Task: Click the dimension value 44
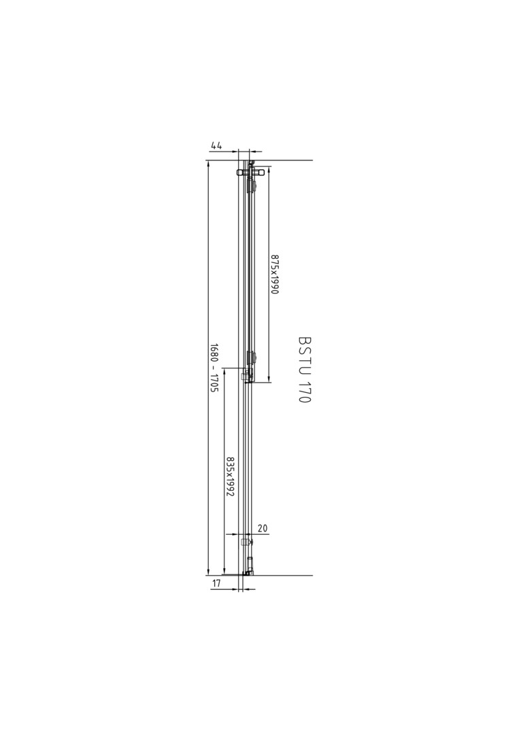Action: [x=216, y=145]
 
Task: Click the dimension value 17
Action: [x=216, y=583]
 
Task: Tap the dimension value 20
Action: [x=263, y=529]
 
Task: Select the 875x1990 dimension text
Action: [x=275, y=275]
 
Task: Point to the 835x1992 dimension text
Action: [x=229, y=477]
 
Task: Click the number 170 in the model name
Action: [x=305, y=391]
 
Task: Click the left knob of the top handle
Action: [x=241, y=172]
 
